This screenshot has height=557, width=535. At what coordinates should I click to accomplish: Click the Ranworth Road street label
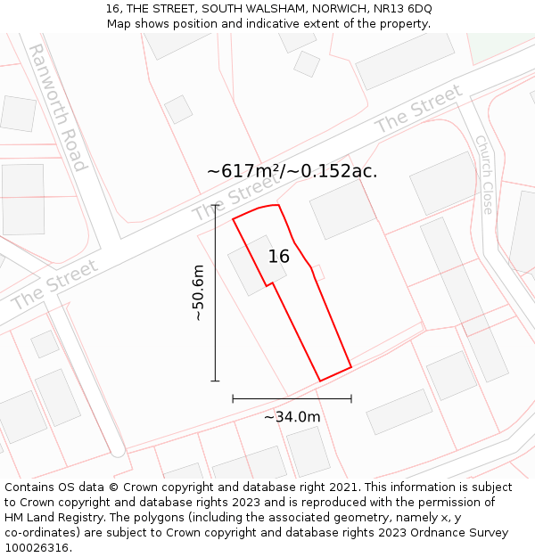(58, 107)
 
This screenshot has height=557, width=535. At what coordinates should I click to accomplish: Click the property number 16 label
(279, 257)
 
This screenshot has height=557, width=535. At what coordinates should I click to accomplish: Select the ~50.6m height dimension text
(198, 293)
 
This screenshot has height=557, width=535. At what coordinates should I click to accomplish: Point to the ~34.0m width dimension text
(292, 416)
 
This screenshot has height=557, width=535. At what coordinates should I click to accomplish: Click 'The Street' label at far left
(54, 285)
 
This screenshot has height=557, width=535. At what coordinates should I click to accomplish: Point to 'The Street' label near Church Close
(419, 111)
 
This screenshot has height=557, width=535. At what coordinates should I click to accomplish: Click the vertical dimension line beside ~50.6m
(215, 293)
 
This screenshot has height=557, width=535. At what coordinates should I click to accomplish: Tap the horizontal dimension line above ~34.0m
(292, 398)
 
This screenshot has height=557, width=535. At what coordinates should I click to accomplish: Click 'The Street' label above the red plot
(235, 198)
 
